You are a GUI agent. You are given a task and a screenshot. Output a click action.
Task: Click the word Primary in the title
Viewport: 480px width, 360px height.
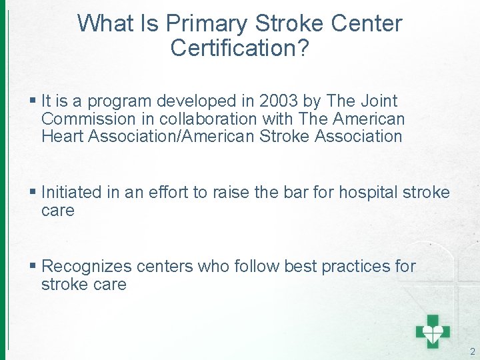tap(207, 24)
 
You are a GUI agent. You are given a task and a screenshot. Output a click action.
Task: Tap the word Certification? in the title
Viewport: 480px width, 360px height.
tap(239, 49)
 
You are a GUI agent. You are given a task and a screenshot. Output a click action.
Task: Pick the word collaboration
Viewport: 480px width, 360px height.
tap(203, 119)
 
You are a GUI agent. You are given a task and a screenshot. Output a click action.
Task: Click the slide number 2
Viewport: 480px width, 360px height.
tap(472, 351)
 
